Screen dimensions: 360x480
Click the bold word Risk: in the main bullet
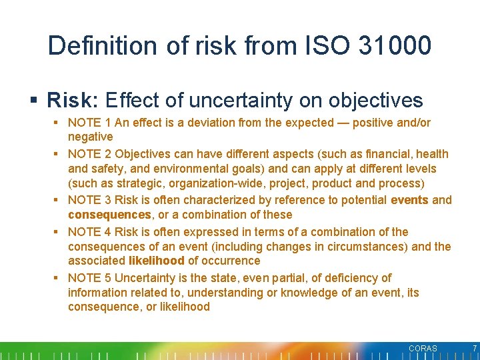pos(73,101)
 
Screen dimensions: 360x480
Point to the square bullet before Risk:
pos(34,101)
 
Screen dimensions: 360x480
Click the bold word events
pos(409,200)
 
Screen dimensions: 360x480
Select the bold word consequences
pos(109,215)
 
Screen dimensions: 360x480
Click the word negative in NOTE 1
pos(91,137)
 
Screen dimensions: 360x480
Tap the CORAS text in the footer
pos(423,349)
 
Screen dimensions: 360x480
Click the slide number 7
pos(474,349)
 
